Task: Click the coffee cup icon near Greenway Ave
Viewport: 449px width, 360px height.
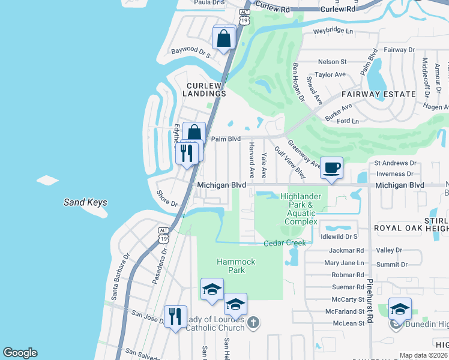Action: [331, 167]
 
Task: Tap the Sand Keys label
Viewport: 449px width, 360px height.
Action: [85, 202]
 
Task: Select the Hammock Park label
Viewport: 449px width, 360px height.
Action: [236, 266]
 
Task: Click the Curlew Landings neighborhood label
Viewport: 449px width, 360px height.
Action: [205, 89]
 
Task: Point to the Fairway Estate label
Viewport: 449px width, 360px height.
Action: [378, 94]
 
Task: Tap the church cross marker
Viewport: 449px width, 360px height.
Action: [253, 323]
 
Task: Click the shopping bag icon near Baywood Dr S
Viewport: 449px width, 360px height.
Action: [223, 39]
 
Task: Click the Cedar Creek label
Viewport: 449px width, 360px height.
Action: [285, 243]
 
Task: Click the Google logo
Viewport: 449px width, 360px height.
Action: [20, 353]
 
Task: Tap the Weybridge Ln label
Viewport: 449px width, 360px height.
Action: [333, 31]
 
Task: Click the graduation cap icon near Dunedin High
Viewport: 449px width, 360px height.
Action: [400, 308]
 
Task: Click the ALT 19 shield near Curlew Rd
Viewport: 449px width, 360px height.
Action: [244, 16]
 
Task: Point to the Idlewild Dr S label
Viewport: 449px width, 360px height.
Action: [339, 238]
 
